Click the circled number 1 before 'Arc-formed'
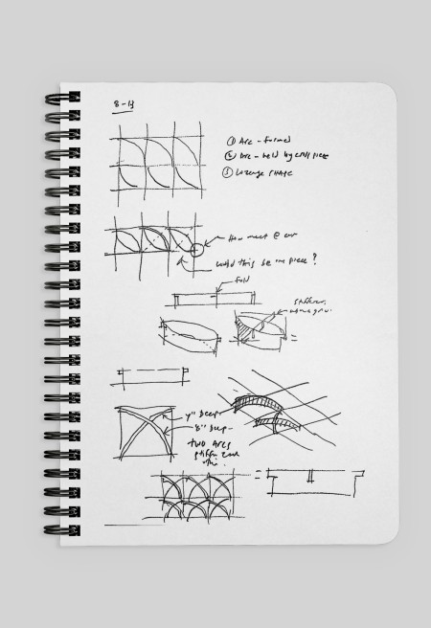[231, 139]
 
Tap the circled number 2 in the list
[231, 155]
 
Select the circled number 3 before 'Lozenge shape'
[231, 172]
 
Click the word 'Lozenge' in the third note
[252, 172]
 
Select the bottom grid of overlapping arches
[200, 497]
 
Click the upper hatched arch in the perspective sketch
[256, 396]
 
